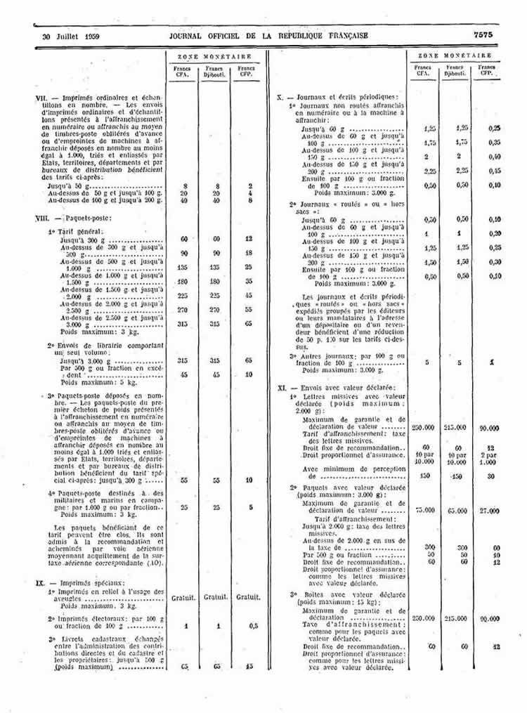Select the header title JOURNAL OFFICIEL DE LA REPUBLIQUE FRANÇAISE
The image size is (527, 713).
(268, 35)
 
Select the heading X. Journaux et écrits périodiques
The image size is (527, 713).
(338, 96)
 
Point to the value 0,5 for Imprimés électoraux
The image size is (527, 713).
(247, 624)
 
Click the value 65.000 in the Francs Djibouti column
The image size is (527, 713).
(457, 511)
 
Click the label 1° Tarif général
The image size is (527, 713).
(75, 231)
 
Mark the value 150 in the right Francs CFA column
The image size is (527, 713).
(424, 475)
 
